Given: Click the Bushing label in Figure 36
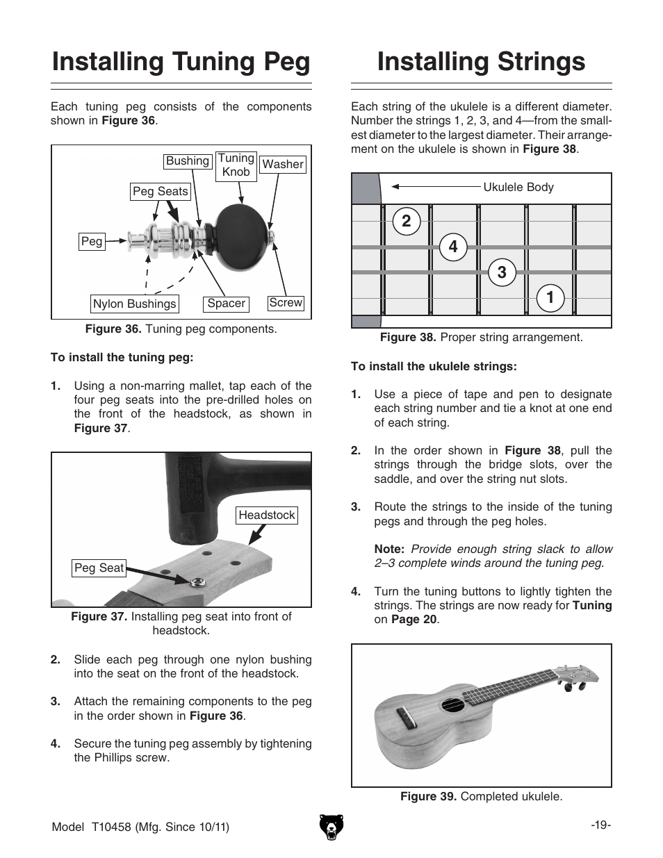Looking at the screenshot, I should [x=187, y=161].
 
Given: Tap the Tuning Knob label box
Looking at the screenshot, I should [x=236, y=165].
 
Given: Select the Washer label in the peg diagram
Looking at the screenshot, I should [x=282, y=165].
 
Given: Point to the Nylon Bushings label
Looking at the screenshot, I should [x=135, y=304].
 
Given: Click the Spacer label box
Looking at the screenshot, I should [x=226, y=304].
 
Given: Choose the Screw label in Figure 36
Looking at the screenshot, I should [x=286, y=303].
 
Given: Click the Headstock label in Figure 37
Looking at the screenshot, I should [x=267, y=515].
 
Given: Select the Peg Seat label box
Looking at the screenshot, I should [x=99, y=568].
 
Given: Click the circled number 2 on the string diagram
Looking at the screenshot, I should [x=406, y=222].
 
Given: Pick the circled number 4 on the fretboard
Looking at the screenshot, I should [x=453, y=247].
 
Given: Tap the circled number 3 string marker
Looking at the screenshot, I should [x=502, y=272].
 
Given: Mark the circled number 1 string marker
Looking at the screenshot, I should [x=550, y=298].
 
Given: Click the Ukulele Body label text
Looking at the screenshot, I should [x=518, y=187].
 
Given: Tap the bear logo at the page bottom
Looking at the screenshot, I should [x=332, y=827].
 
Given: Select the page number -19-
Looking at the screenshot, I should [x=600, y=825].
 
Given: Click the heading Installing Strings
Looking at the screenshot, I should [x=481, y=62].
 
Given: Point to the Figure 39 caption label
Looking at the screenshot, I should [x=428, y=797].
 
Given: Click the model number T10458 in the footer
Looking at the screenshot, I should [x=117, y=827].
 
